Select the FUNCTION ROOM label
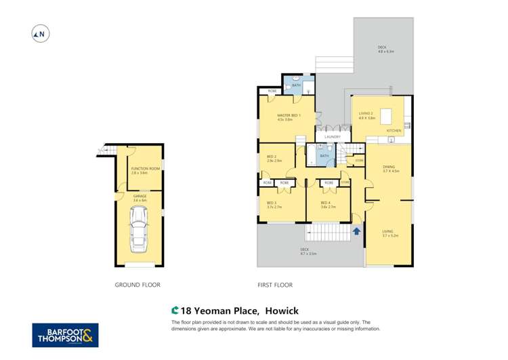pos(140,169)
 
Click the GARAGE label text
pos(140,197)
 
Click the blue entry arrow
pos(356,232)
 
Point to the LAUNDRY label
pos(332,137)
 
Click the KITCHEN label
pos(394,129)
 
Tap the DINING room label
pos(389,167)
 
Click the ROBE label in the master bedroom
pos(272,90)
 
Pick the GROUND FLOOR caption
pos(137,285)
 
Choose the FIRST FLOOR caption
pos(275,285)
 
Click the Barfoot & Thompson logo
pos(65,335)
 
